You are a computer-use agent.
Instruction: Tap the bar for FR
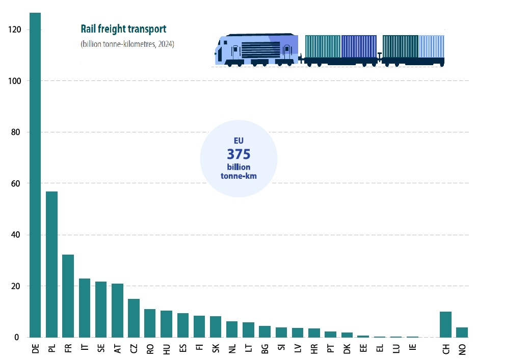pyautogui.click(x=68, y=296)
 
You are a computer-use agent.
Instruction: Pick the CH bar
pyautogui.click(x=445, y=324)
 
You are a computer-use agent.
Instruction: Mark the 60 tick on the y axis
pyautogui.click(x=17, y=183)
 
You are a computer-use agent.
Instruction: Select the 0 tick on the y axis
pyautogui.click(x=19, y=337)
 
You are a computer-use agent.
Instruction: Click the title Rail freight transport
pyautogui.click(x=123, y=29)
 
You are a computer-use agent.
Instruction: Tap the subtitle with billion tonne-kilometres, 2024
pyautogui.click(x=127, y=44)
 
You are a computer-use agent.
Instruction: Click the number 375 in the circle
pyautogui.click(x=239, y=154)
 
